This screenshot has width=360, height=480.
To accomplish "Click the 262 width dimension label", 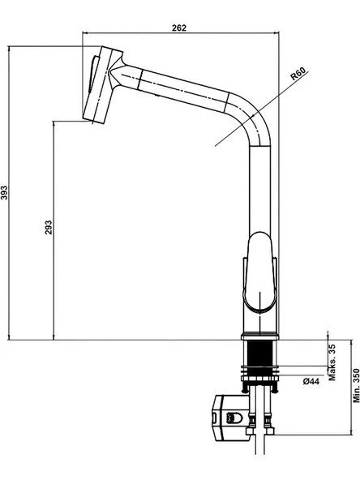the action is tap(179, 28).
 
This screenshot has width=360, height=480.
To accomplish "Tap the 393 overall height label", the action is tap(4, 192).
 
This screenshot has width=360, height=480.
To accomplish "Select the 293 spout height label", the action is tap(49, 228).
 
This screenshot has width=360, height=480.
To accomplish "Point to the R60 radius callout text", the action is tap(298, 74).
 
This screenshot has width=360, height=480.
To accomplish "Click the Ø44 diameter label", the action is tap(311, 381).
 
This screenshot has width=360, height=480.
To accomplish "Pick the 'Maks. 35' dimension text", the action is tap(332, 362).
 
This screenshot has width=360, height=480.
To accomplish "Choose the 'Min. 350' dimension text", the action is tap(356, 385).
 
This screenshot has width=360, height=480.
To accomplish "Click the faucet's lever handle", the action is tap(260, 272).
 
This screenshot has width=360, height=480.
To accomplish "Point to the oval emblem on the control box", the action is tap(234, 418).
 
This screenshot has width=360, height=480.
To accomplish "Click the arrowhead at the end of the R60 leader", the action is tap(253, 116).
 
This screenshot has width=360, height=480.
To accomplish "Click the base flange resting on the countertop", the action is tap(260, 336).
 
